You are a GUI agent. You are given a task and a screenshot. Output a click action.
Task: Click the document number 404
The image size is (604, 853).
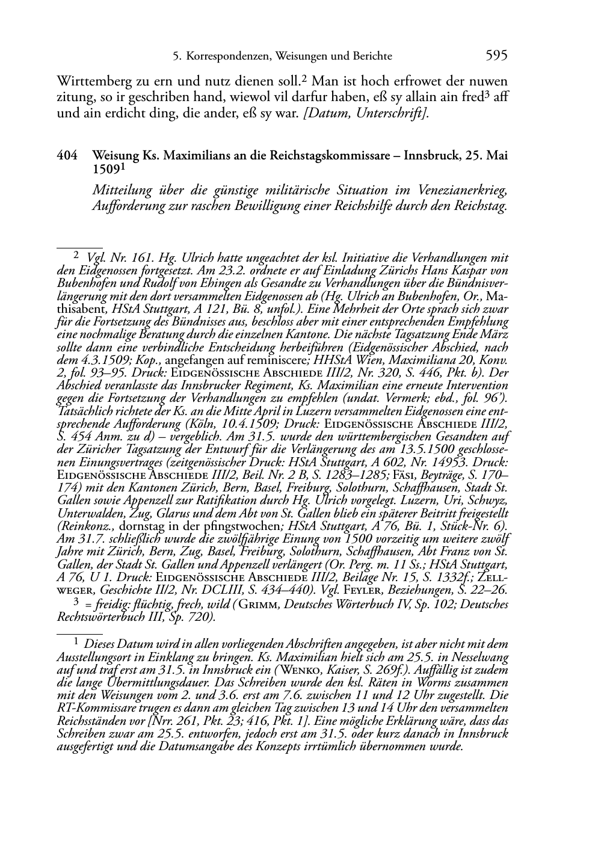pyautogui.click(x=66, y=156)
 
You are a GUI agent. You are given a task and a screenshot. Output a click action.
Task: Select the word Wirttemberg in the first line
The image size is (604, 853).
pyautogui.click(x=91, y=81)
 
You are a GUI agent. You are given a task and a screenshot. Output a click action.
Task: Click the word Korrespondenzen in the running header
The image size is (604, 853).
pyautogui.click(x=229, y=57)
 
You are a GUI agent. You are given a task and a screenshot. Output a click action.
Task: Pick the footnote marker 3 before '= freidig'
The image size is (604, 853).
pyautogui.click(x=76, y=602)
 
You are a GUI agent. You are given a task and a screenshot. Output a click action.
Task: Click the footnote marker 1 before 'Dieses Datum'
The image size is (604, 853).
pyautogui.click(x=76, y=642)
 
